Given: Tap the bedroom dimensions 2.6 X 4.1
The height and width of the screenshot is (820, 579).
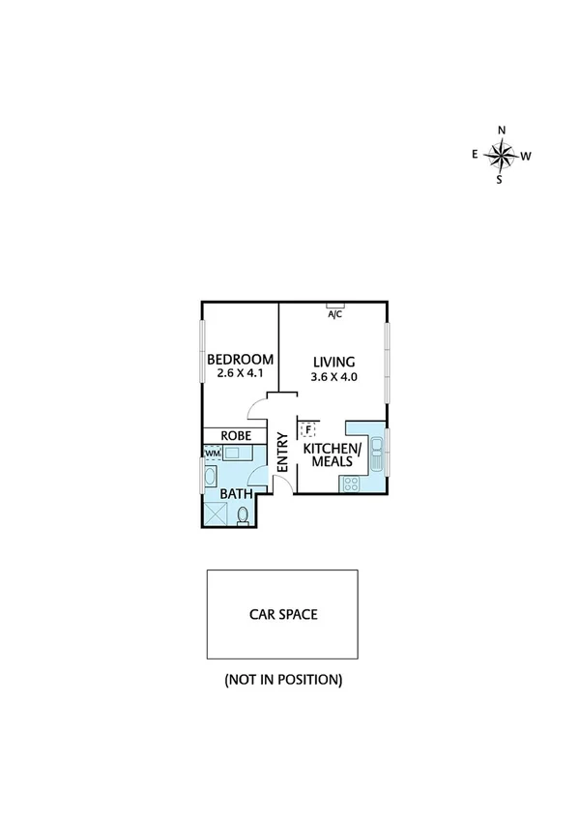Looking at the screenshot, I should point(240,373).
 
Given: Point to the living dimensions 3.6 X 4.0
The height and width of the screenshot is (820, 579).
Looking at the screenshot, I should point(334,377).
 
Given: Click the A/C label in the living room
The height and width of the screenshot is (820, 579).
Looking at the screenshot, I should point(334,314).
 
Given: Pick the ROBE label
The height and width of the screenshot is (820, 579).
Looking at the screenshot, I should point(238,436).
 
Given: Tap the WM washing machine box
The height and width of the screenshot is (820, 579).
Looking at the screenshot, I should point(213,453).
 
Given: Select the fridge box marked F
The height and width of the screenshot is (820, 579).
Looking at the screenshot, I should point(308,429).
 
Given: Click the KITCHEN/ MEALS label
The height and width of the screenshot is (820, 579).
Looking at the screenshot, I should point(332,455).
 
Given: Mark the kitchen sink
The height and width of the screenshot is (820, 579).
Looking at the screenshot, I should point(377,453).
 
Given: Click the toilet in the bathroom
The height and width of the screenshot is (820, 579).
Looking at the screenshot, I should point(245,515).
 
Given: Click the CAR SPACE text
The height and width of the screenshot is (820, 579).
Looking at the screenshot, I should point(283,613).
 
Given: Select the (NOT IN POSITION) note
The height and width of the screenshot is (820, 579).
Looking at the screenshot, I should point(283,680).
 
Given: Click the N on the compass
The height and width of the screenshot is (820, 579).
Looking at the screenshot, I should point(501,131).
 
